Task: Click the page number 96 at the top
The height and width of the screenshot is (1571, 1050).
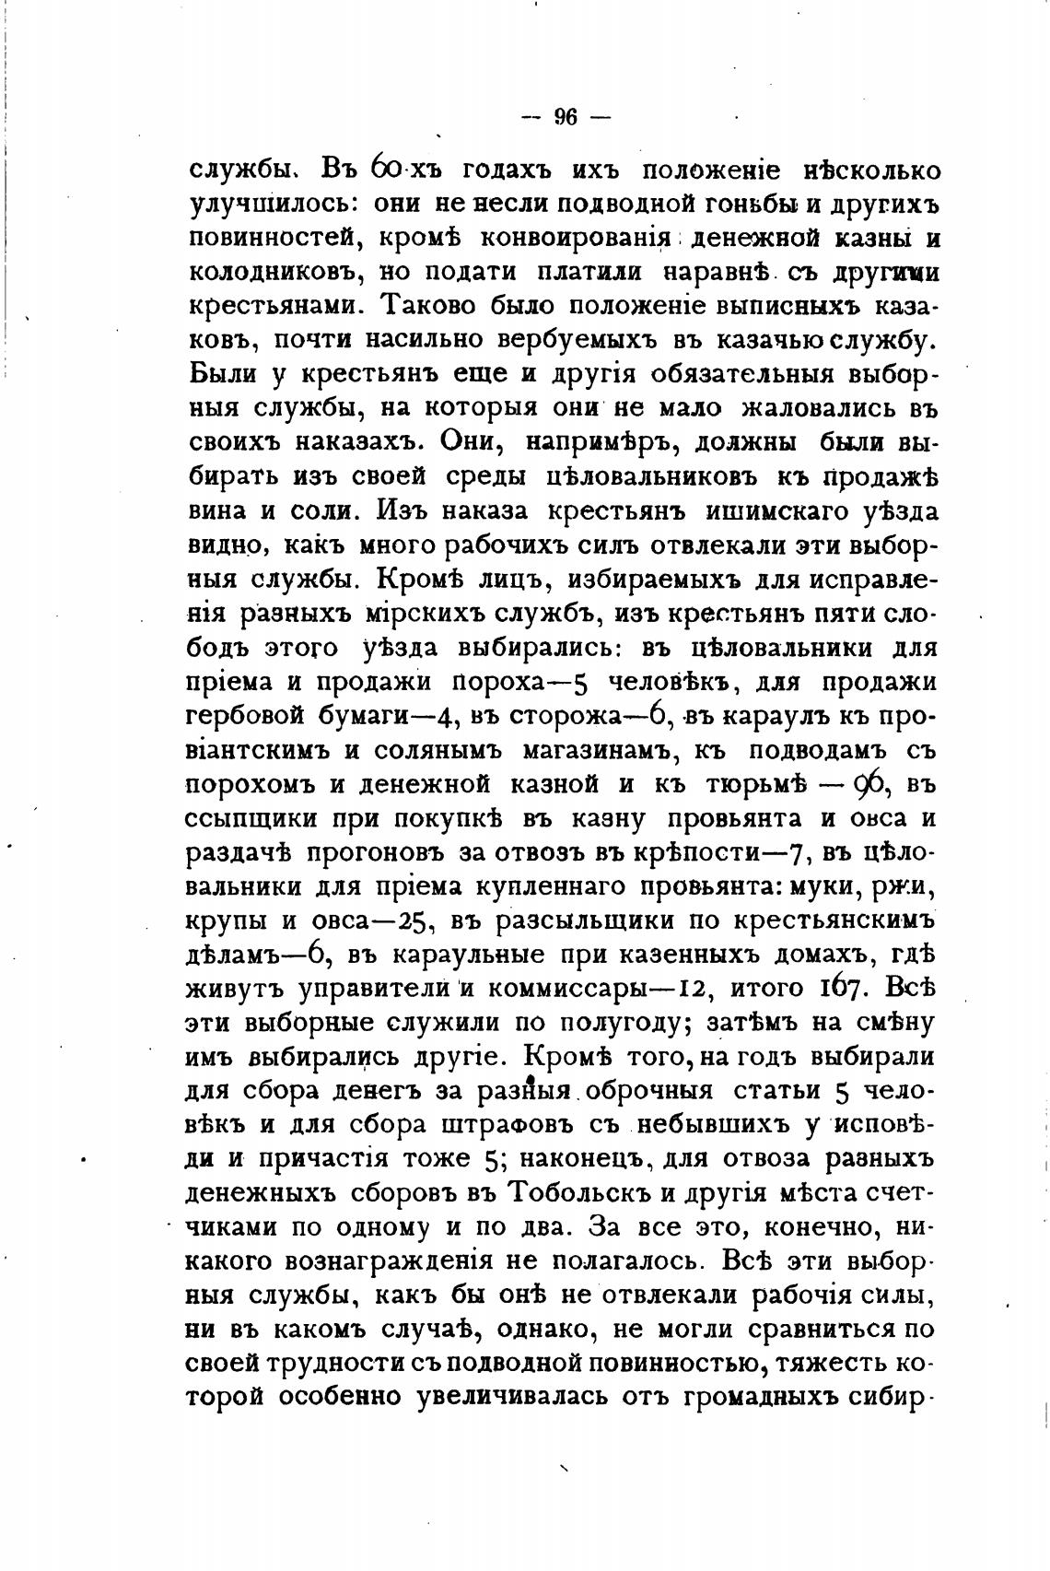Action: pos(566,117)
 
